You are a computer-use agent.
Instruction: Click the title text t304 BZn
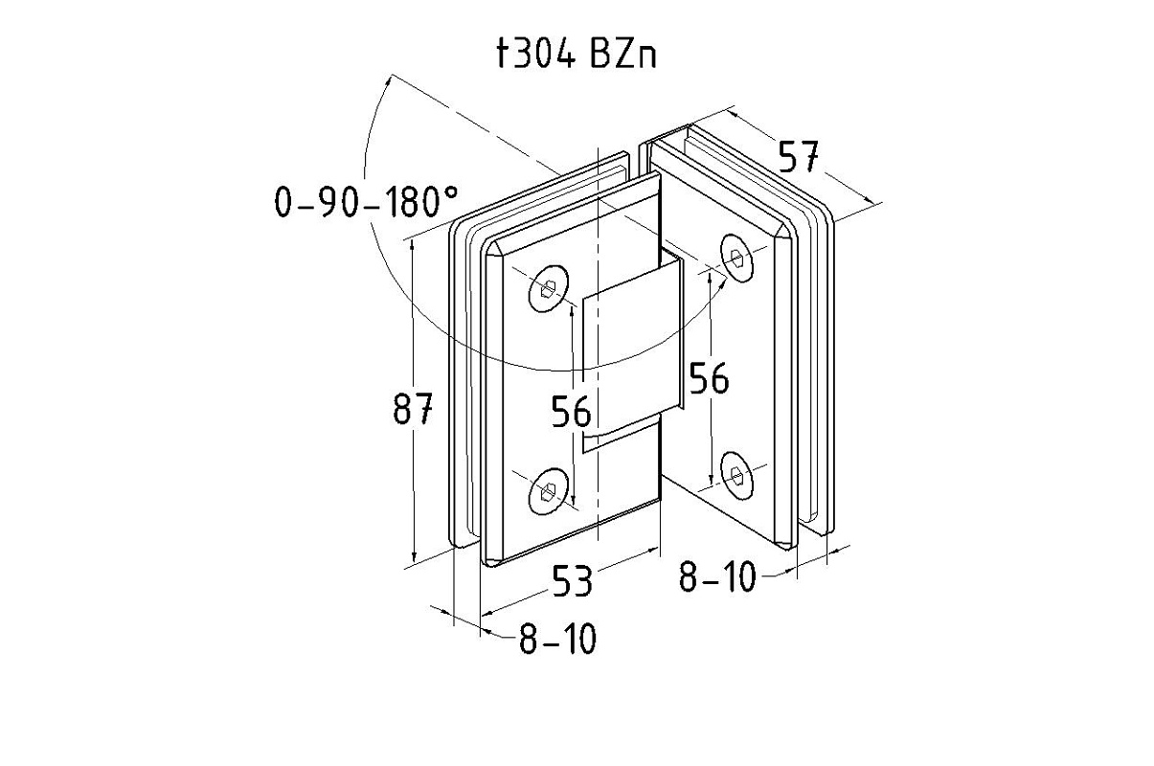[577, 56]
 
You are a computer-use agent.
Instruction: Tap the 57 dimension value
[797, 156]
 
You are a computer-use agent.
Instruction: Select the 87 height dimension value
[414, 410]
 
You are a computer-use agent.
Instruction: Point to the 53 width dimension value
[572, 581]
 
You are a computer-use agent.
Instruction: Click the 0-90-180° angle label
[366, 202]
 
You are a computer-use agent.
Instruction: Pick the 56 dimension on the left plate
[571, 412]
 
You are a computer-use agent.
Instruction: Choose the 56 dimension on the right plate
[710, 379]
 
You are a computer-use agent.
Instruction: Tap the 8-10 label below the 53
[557, 640]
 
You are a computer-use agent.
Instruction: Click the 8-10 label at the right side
[717, 577]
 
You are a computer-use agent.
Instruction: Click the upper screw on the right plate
[736, 258]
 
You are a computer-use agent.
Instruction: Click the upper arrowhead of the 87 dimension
[413, 245]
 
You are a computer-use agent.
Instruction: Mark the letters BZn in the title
[623, 56]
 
